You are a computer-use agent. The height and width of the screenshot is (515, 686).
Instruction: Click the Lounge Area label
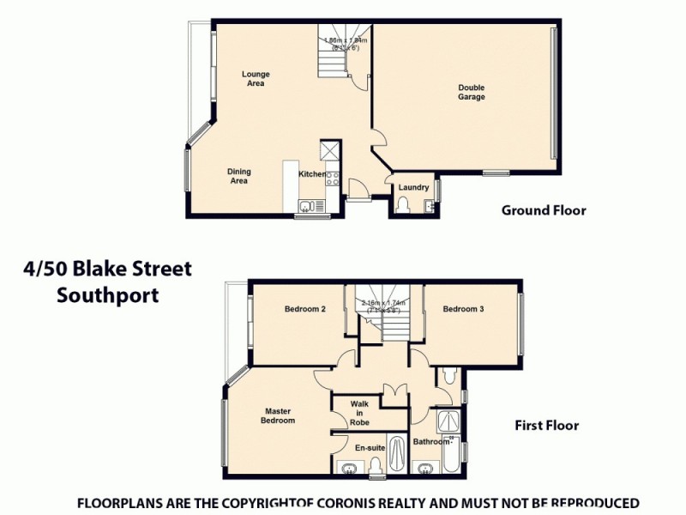tap(255, 79)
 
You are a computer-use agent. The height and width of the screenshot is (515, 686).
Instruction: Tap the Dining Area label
tap(238, 176)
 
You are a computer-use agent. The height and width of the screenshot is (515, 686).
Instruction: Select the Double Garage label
tap(471, 92)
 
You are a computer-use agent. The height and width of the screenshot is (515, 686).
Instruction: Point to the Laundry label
tap(413, 187)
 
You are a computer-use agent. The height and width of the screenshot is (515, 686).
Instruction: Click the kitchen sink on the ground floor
tap(306, 205)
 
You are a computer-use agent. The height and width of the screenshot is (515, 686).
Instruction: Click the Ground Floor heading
tap(544, 210)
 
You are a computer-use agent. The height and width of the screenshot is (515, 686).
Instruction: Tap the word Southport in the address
tap(107, 295)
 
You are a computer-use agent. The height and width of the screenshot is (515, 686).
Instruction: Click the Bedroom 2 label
tap(304, 310)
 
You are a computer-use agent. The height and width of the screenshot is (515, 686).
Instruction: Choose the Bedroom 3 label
tap(464, 310)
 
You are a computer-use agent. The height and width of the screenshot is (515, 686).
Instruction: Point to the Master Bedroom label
tap(280, 415)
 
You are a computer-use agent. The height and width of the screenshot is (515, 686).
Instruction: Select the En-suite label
tap(370, 448)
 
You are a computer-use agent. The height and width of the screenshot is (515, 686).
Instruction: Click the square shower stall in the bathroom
tap(447, 421)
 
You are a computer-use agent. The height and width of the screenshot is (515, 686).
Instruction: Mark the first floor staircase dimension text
tap(382, 306)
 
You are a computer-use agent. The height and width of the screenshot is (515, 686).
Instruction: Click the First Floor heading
tap(546, 425)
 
